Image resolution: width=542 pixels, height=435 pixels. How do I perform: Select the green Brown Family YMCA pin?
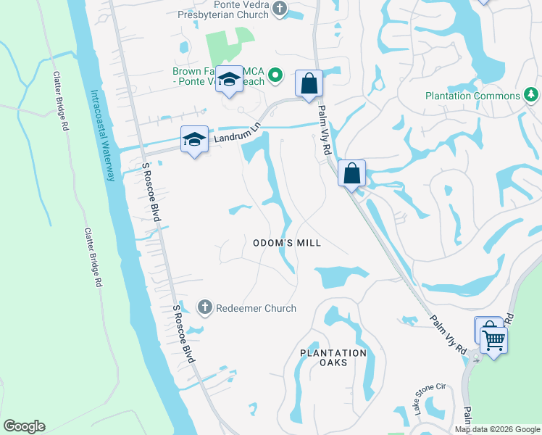[275, 75]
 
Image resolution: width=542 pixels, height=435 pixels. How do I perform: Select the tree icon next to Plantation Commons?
[530, 95]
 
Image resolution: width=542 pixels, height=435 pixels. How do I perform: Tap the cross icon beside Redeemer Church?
[205, 308]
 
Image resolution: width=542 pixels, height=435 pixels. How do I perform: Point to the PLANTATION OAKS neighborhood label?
[333, 357]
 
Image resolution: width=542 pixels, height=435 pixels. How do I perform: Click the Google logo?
[24, 426]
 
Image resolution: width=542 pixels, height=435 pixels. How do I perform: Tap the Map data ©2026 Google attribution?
[497, 429]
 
